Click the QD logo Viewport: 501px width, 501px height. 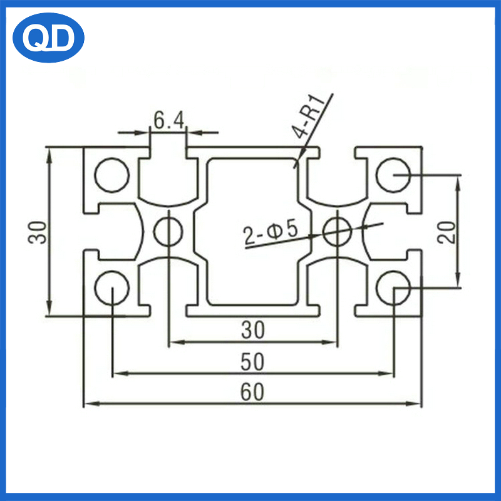tap(48, 38)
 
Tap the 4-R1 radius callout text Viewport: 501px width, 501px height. tap(308, 116)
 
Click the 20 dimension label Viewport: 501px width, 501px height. tap(446, 232)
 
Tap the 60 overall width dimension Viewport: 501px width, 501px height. tap(252, 392)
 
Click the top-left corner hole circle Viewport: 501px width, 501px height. tap(112, 175)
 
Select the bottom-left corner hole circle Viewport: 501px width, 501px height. tap(112, 288)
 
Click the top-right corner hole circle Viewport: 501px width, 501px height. tap(393, 175)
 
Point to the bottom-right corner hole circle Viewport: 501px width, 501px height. tap(393, 288)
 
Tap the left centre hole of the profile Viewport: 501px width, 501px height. tap(168, 232)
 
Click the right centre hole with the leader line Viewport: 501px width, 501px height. tap(338, 232)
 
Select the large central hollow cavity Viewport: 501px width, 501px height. tap(253, 232)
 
